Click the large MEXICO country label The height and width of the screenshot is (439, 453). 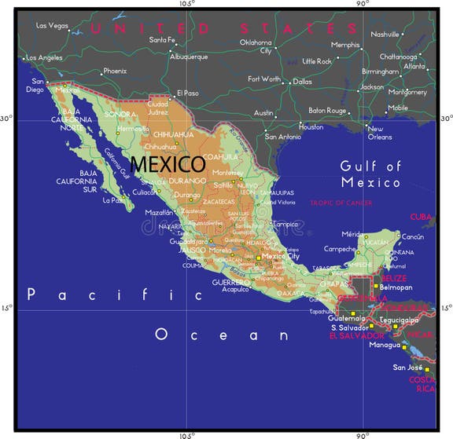click(x=168, y=165)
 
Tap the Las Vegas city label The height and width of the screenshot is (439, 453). click(x=53, y=26)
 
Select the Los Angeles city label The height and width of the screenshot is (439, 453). click(x=46, y=58)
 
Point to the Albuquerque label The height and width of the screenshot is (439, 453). click(x=188, y=57)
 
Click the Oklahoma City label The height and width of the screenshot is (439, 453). click(x=256, y=46)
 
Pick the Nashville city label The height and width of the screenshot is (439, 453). click(x=385, y=35)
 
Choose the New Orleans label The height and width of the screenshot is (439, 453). click(x=380, y=133)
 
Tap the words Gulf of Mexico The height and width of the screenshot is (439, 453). click(x=370, y=174)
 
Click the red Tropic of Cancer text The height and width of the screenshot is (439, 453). click(x=341, y=203)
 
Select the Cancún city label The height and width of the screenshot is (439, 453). click(x=413, y=236)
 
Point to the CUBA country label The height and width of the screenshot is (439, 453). click(x=421, y=217)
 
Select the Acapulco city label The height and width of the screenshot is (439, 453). click(x=235, y=289)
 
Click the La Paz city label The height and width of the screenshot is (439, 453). click(x=113, y=200)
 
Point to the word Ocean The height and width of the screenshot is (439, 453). click(x=222, y=335)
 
